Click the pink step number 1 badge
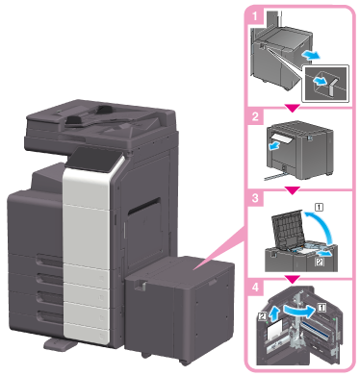click(256, 16)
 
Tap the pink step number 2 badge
click(256, 116)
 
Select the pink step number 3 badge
click(256, 198)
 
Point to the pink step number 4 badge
click(256, 288)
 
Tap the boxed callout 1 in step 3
click(320, 208)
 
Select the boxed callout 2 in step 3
click(320, 263)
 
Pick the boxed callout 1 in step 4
click(321, 308)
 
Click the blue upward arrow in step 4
click(273, 314)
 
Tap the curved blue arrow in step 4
click(298, 311)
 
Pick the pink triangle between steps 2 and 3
click(293, 190)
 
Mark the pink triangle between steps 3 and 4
click(293, 279)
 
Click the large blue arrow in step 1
click(311, 56)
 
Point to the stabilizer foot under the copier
click(60, 343)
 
